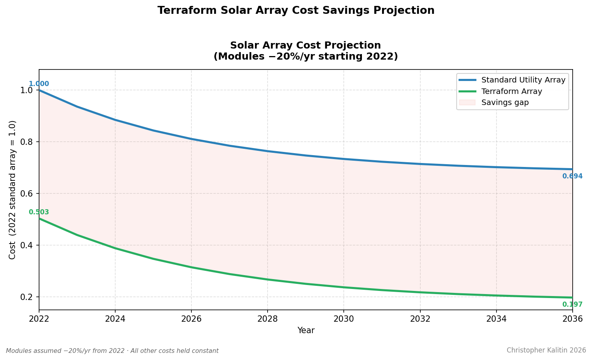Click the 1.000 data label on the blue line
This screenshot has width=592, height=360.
[x=39, y=84]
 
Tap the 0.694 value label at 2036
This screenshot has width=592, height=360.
[x=572, y=176]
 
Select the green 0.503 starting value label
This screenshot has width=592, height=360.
[x=39, y=212]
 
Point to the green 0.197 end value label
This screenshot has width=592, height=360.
[x=572, y=305]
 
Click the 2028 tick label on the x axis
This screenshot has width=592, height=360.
[x=268, y=319]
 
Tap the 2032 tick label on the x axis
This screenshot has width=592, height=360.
[x=420, y=319]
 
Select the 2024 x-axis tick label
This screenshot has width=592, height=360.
[x=115, y=319]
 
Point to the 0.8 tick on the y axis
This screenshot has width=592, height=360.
[x=27, y=142]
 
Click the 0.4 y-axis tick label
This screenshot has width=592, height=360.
[x=27, y=246]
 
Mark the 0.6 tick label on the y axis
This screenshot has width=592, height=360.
[x=27, y=194]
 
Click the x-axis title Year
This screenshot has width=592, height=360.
[x=306, y=331]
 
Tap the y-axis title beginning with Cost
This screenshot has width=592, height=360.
[x=13, y=190]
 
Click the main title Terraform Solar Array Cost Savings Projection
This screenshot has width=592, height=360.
[x=296, y=11]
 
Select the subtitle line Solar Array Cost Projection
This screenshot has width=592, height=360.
[x=305, y=46]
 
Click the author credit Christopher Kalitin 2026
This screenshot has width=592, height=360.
[x=546, y=351]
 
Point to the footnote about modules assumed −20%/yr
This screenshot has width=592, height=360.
[x=112, y=351]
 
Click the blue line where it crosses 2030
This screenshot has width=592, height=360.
[x=344, y=159]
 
